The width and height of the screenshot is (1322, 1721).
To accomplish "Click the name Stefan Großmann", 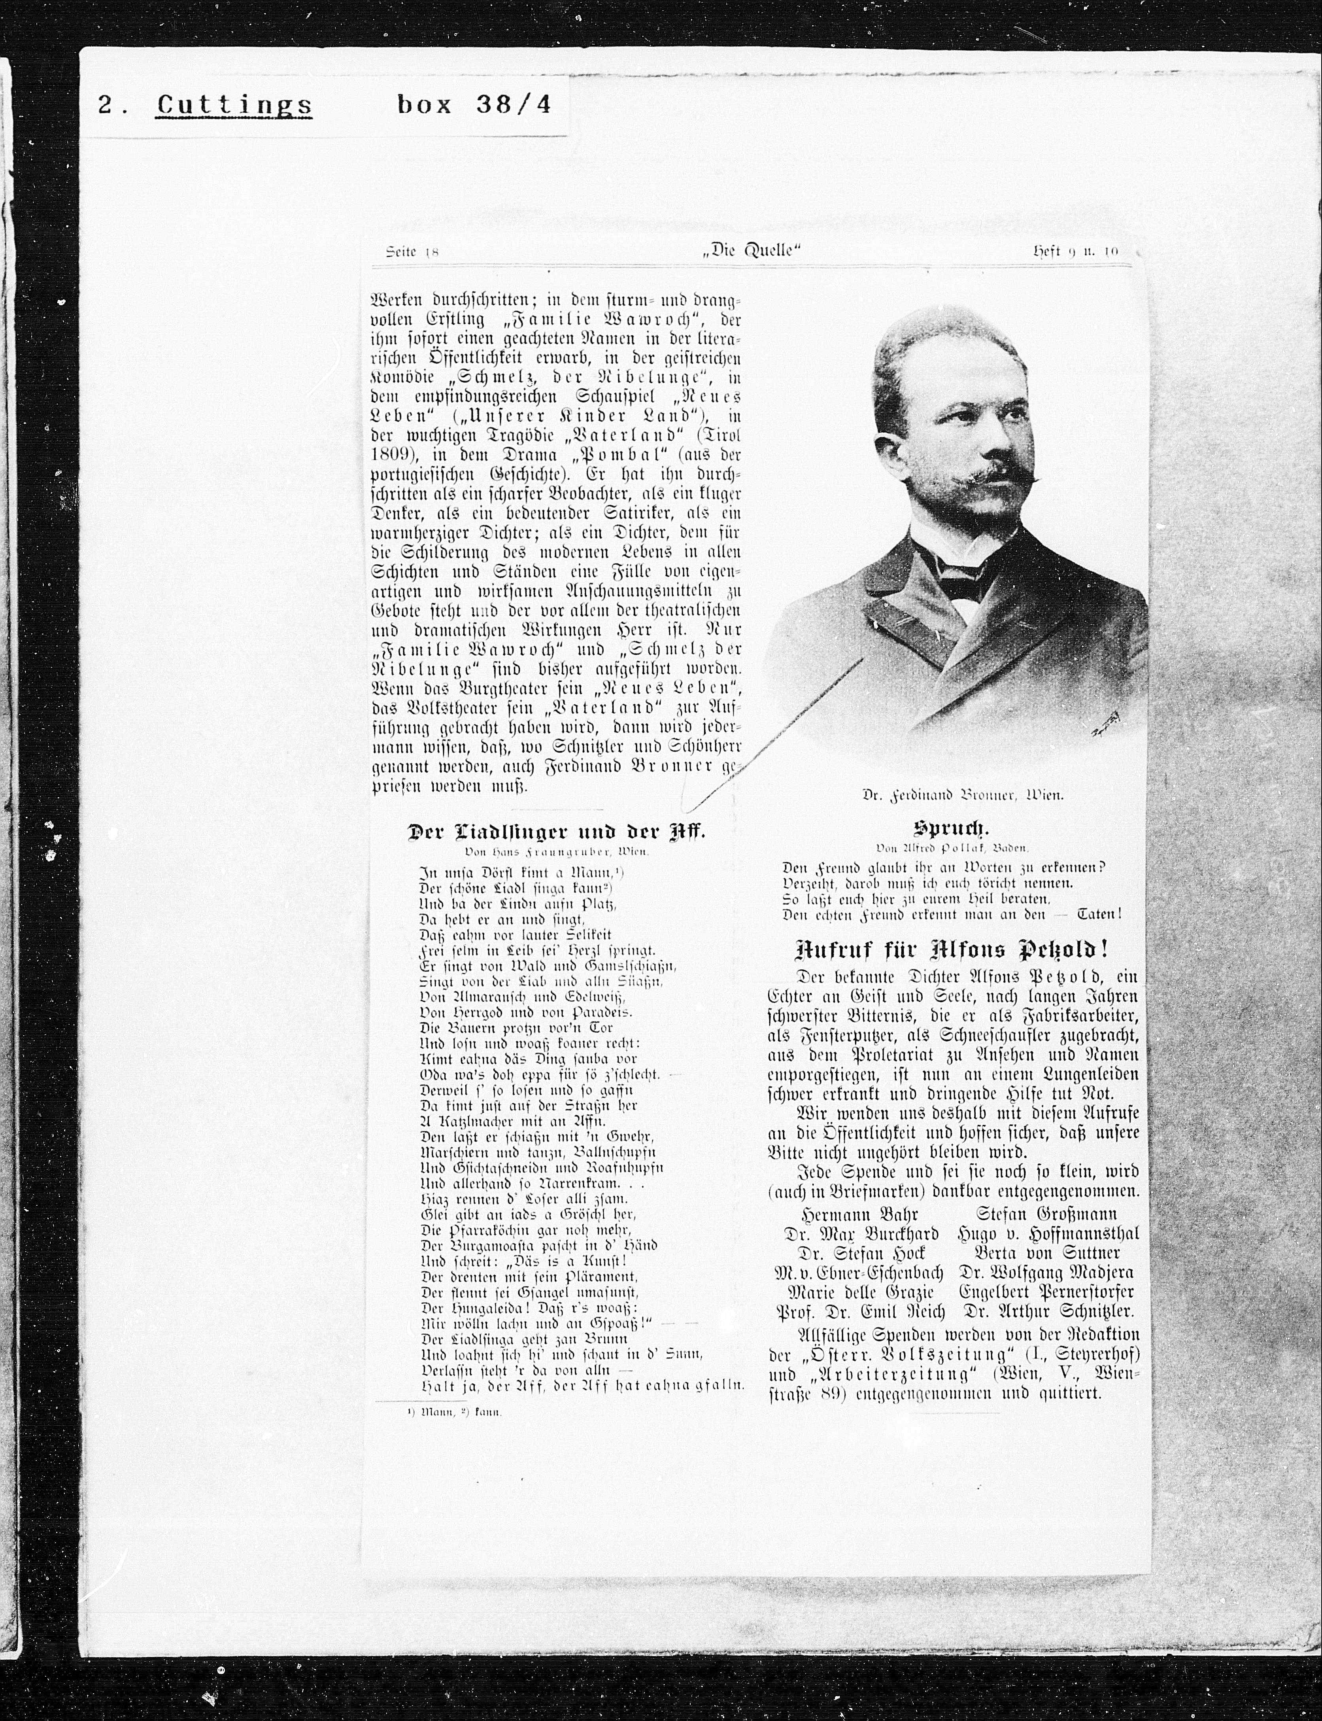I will coord(1046,1214).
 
